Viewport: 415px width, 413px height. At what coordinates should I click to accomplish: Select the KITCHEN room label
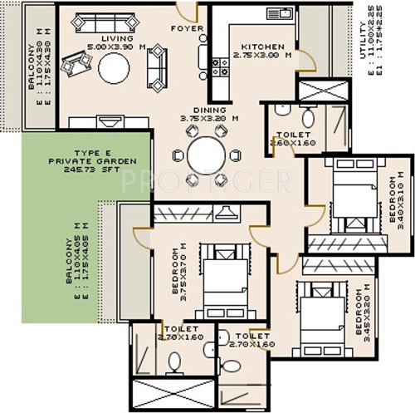(263, 47)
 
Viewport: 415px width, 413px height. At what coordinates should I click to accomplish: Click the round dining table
(205, 155)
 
